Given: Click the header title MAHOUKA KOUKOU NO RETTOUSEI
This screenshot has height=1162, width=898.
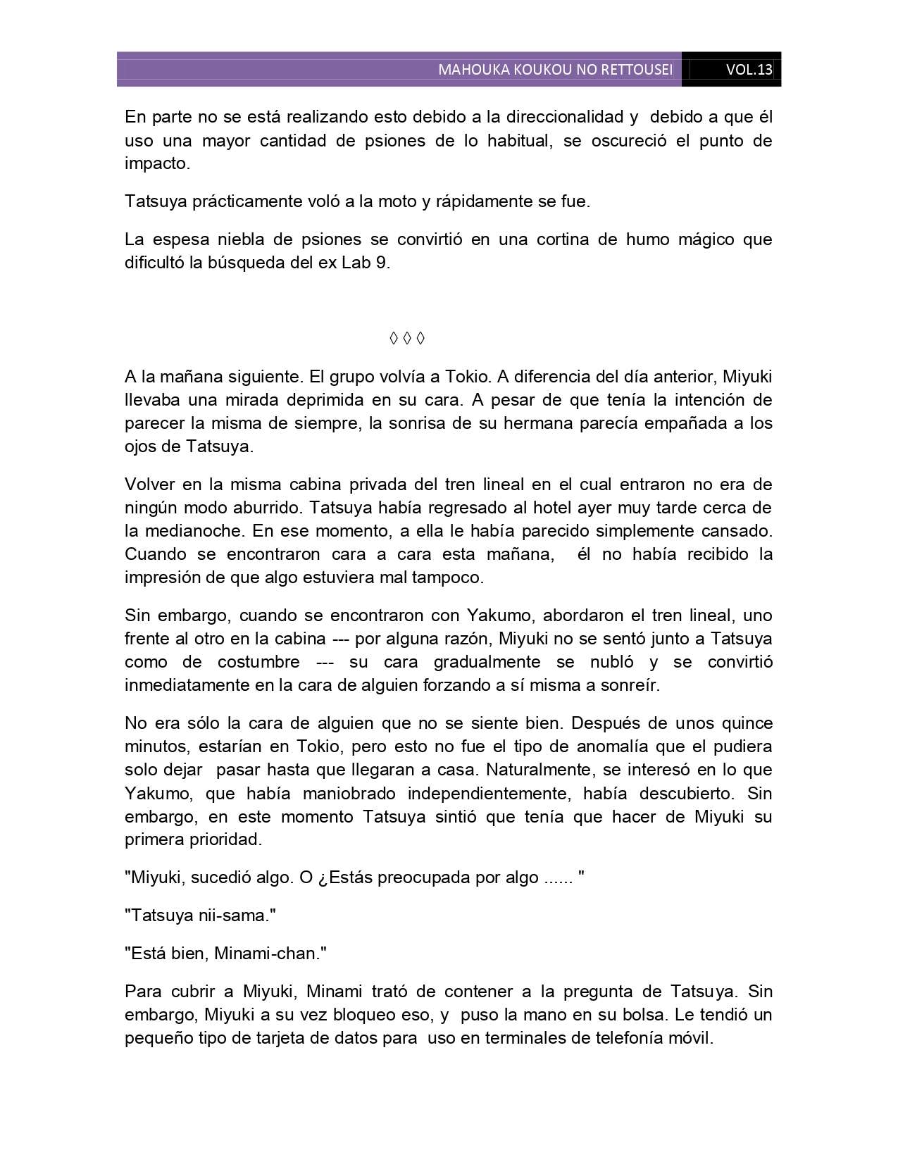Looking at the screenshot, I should click(x=555, y=70).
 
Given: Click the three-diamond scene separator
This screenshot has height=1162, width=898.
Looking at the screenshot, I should click(x=407, y=339).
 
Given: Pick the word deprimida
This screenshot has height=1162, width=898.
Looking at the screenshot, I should click(x=318, y=400).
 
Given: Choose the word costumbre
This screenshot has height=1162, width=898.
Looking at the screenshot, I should click(x=258, y=662).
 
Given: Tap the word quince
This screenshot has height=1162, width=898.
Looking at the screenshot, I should click(x=743, y=723).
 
